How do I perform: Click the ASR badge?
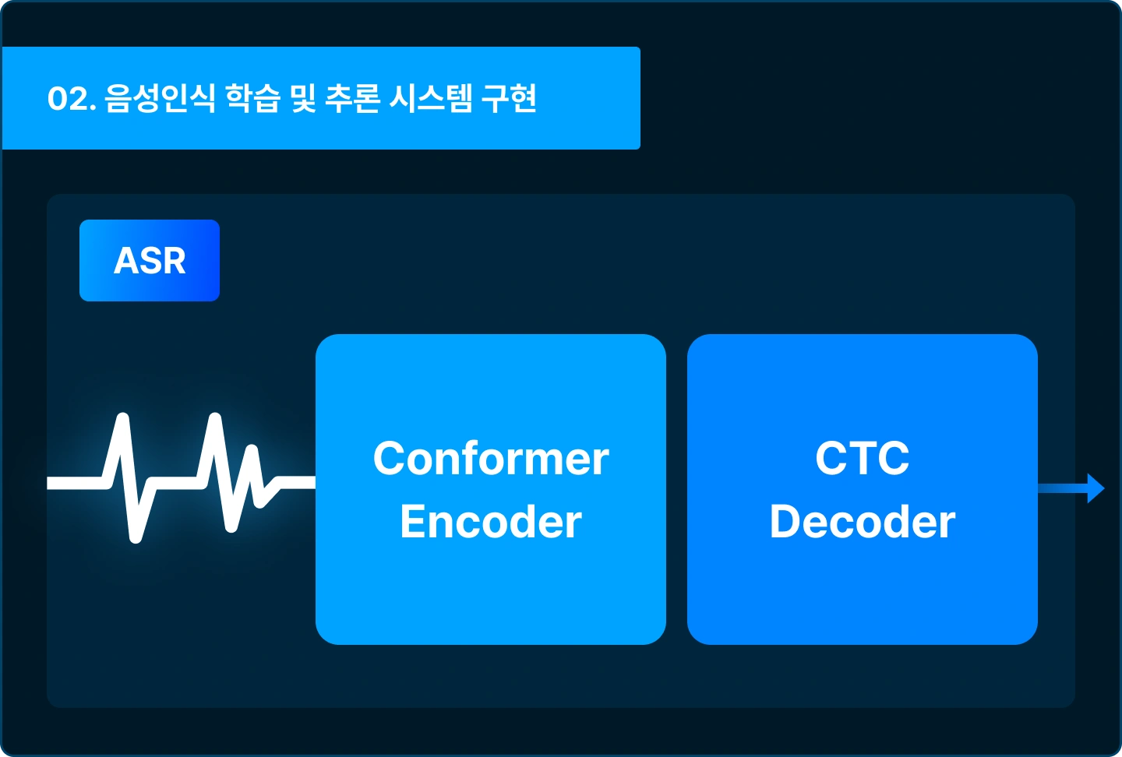click(150, 260)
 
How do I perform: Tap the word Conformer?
click(491, 458)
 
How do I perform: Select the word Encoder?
click(491, 521)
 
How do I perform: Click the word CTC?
click(862, 458)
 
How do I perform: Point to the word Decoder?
click(862, 521)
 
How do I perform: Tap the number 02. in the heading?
click(71, 99)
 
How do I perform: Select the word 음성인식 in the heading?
click(159, 98)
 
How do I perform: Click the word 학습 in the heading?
click(252, 98)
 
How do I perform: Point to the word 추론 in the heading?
click(352, 98)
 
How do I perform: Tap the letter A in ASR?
click(127, 261)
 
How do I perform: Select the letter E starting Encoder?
click(412, 521)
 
